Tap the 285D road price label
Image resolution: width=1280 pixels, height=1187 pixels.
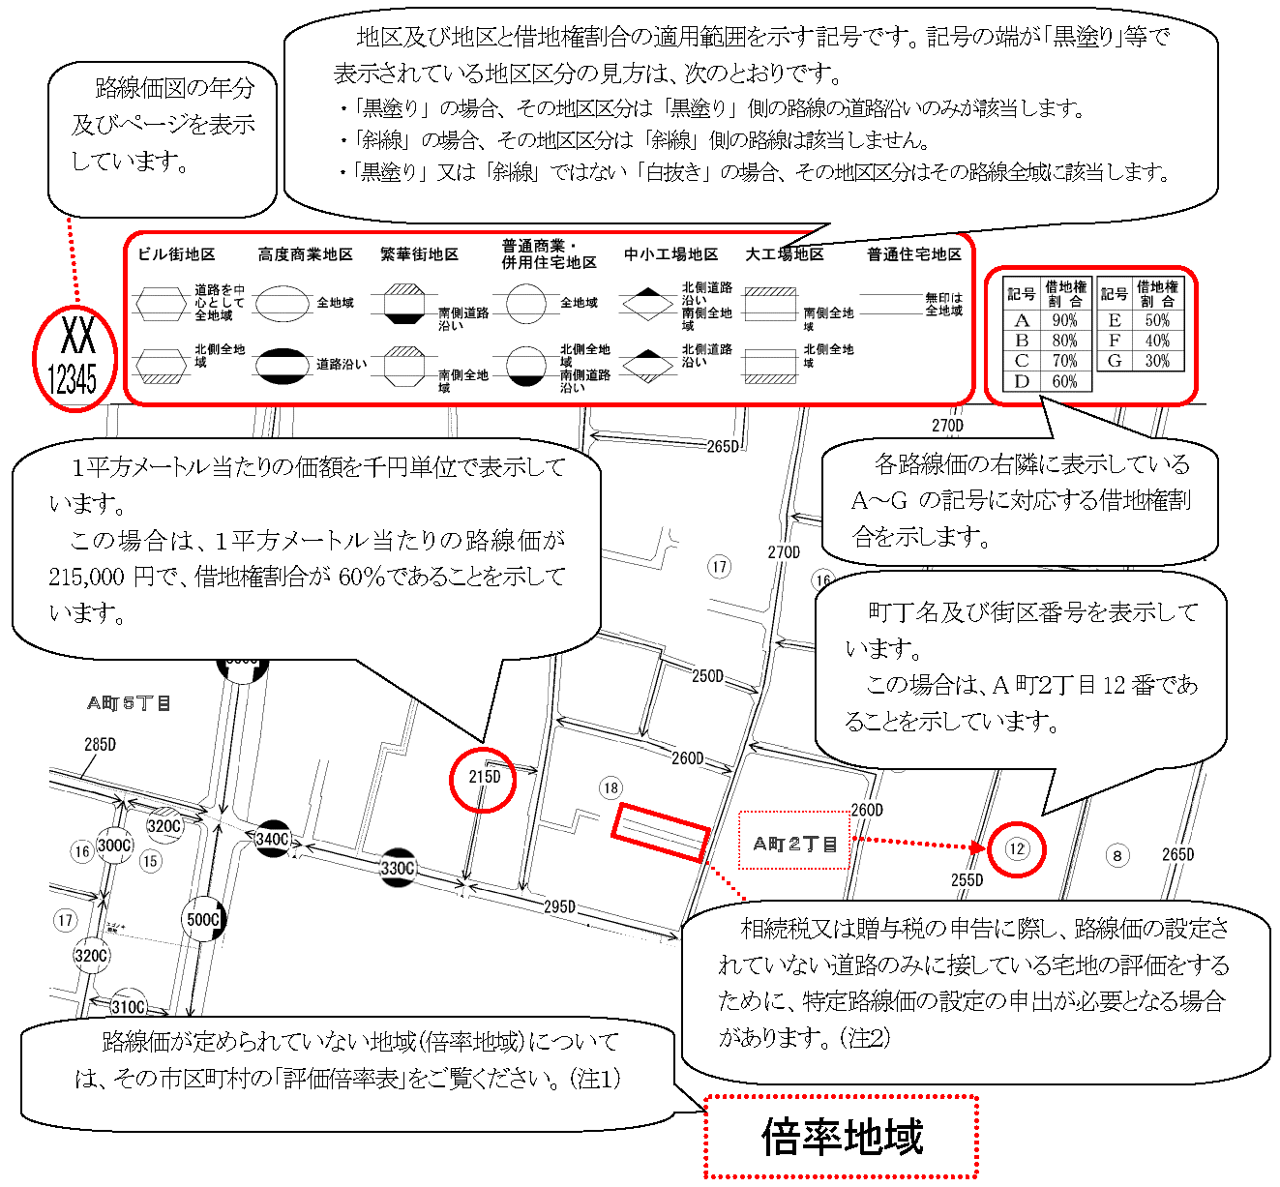click(x=100, y=745)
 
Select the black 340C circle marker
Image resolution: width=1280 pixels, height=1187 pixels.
click(x=273, y=839)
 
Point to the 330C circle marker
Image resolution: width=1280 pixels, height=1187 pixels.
click(x=398, y=868)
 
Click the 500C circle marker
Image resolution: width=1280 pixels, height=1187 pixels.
click(x=203, y=919)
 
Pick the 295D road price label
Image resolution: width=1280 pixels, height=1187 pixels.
click(x=559, y=907)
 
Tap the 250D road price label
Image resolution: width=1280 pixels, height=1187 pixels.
click(x=707, y=676)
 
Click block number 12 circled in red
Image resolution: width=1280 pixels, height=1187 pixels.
click(x=1017, y=849)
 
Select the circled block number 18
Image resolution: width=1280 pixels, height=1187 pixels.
click(x=610, y=788)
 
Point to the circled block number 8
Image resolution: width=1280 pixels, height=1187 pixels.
click(x=1117, y=855)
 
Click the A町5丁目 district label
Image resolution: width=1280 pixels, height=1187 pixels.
click(x=130, y=703)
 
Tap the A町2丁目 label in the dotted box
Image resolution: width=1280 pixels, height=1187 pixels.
click(x=794, y=843)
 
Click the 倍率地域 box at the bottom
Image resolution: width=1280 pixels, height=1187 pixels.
click(x=842, y=1137)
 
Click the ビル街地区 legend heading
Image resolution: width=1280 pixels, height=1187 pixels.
click(x=176, y=254)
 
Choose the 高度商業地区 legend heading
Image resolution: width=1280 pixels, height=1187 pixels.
click(x=305, y=254)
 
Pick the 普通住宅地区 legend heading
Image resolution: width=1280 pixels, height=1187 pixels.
click(x=913, y=254)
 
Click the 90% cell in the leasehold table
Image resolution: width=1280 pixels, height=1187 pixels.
click(x=1064, y=320)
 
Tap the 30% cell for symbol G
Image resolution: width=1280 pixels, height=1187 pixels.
click(x=1157, y=361)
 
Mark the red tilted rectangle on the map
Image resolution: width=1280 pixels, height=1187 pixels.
click(x=661, y=832)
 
